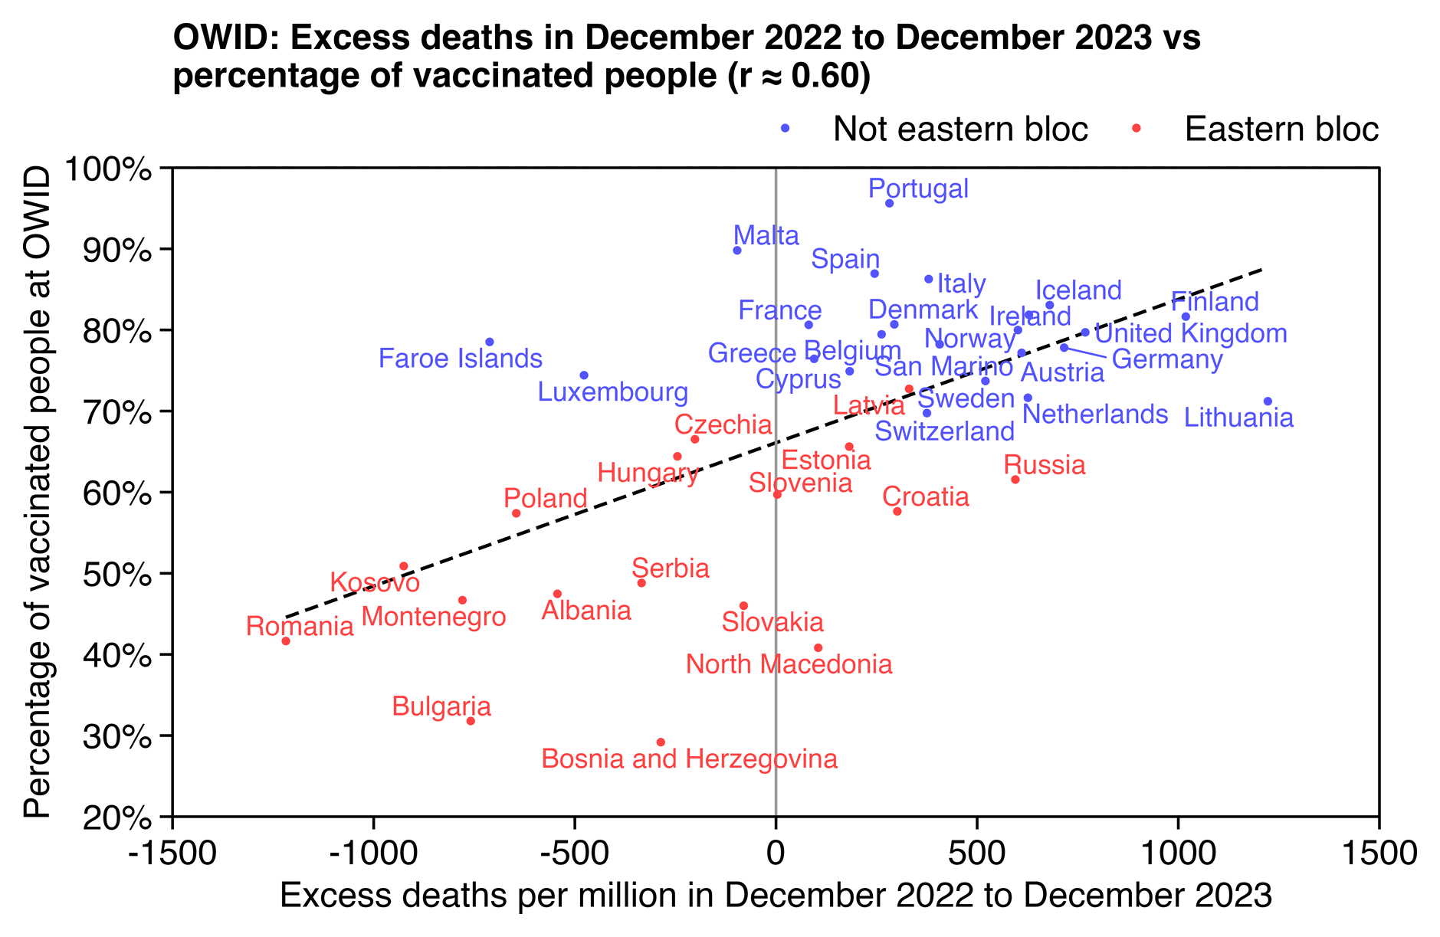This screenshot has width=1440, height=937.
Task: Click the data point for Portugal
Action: (889, 203)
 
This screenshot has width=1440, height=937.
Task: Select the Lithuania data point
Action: (1268, 401)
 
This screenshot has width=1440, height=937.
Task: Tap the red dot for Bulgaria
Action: (471, 721)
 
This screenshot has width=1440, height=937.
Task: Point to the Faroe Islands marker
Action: (490, 342)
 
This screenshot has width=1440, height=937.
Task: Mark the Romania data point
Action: (286, 641)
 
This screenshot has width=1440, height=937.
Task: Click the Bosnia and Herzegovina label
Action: (689, 759)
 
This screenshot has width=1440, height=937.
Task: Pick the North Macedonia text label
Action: (789, 664)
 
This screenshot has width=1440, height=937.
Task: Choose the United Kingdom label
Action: (1190, 334)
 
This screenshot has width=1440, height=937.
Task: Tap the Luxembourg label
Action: (612, 392)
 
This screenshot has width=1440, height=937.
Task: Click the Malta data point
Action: (737, 251)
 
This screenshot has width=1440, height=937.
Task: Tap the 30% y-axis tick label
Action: (115, 736)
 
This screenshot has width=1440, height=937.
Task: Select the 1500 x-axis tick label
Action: (1379, 853)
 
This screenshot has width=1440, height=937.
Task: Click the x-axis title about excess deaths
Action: (776, 896)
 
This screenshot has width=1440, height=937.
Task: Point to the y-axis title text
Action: (37, 492)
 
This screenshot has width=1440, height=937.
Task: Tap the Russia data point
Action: (1015, 480)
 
